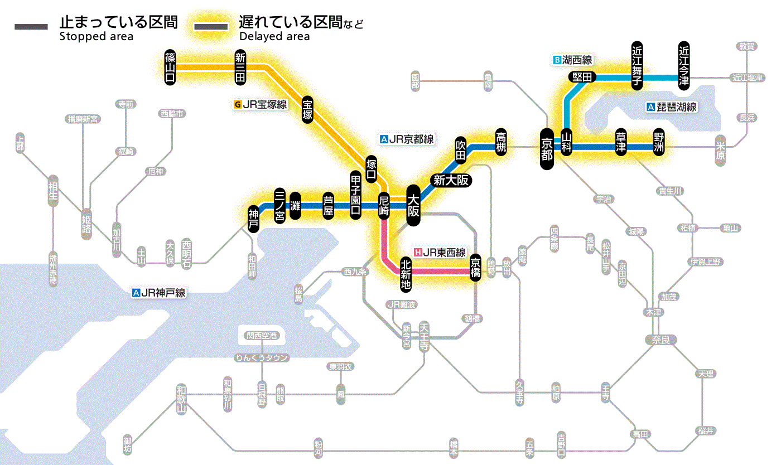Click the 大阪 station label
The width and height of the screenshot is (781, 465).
pos(413,205)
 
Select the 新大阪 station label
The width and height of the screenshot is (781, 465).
pos(451,180)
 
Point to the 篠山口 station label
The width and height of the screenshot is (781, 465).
pos(170,67)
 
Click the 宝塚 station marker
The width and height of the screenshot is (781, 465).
pos(307,109)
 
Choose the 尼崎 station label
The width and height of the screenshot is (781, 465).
pos(384,206)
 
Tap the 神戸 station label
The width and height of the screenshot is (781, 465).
pos(254,219)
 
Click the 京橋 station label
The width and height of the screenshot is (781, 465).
pos(475,267)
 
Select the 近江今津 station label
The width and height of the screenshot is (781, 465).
pos(684,65)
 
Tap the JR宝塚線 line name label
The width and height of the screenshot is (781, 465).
pos(261,104)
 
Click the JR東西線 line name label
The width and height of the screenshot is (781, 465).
pos(439,253)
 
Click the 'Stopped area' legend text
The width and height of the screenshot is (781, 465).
pos(96,36)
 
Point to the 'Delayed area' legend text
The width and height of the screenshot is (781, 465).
pos(274,36)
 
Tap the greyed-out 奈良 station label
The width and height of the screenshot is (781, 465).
pos(661,339)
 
